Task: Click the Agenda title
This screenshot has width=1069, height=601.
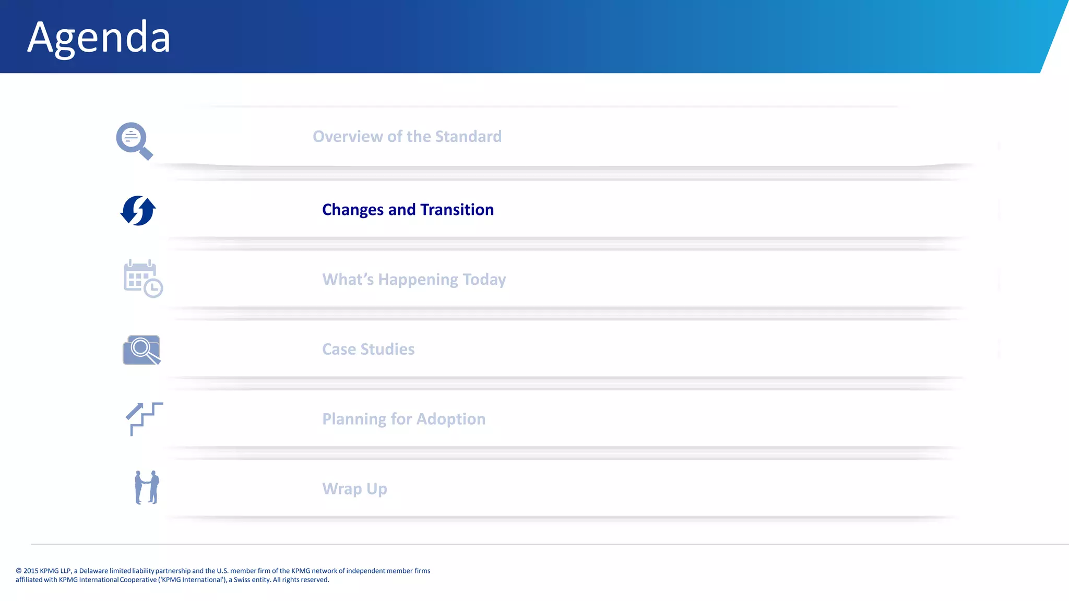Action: pos(99,38)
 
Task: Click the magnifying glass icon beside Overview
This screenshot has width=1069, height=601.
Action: pos(134,140)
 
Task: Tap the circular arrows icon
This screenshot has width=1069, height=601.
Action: pos(138,211)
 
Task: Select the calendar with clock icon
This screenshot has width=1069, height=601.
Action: pos(142,279)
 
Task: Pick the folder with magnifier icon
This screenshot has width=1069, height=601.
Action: pos(141,350)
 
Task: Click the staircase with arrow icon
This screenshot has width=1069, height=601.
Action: pos(144,418)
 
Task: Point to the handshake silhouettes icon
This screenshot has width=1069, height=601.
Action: pos(147,487)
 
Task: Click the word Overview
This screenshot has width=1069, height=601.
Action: pos(348,137)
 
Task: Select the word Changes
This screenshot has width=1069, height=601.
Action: pos(353,210)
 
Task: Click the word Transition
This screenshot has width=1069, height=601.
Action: pos(457,210)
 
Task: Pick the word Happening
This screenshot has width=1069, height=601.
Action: pos(418,280)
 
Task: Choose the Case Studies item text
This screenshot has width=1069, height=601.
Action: pos(368,349)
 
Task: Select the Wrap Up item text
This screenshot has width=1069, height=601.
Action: pos(354,489)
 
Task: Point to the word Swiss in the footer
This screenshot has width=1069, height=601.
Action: pos(242,580)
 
